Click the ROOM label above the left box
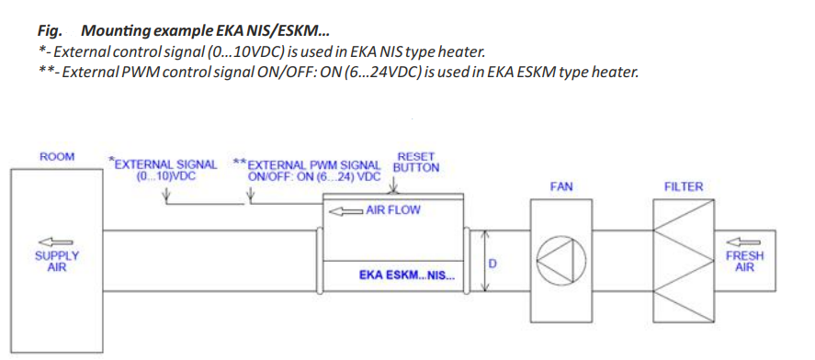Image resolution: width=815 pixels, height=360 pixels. click(x=57, y=156)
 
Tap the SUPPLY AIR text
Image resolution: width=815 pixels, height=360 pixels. click(x=57, y=262)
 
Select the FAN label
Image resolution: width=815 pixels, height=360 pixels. click(x=560, y=186)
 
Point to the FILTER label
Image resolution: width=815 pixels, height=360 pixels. click(x=683, y=186)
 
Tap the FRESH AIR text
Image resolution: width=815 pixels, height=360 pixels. click(x=744, y=262)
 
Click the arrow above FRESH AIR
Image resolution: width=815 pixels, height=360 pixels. click(x=744, y=242)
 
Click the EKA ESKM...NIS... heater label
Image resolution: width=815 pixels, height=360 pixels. click(x=407, y=276)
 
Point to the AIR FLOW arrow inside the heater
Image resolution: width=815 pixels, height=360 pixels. click(x=346, y=211)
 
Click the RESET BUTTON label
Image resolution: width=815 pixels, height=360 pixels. click(x=416, y=162)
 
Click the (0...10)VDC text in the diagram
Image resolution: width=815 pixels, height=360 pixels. click(x=164, y=175)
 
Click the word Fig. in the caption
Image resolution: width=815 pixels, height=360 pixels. click(x=50, y=31)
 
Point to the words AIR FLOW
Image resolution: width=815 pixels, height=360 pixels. click(x=393, y=210)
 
